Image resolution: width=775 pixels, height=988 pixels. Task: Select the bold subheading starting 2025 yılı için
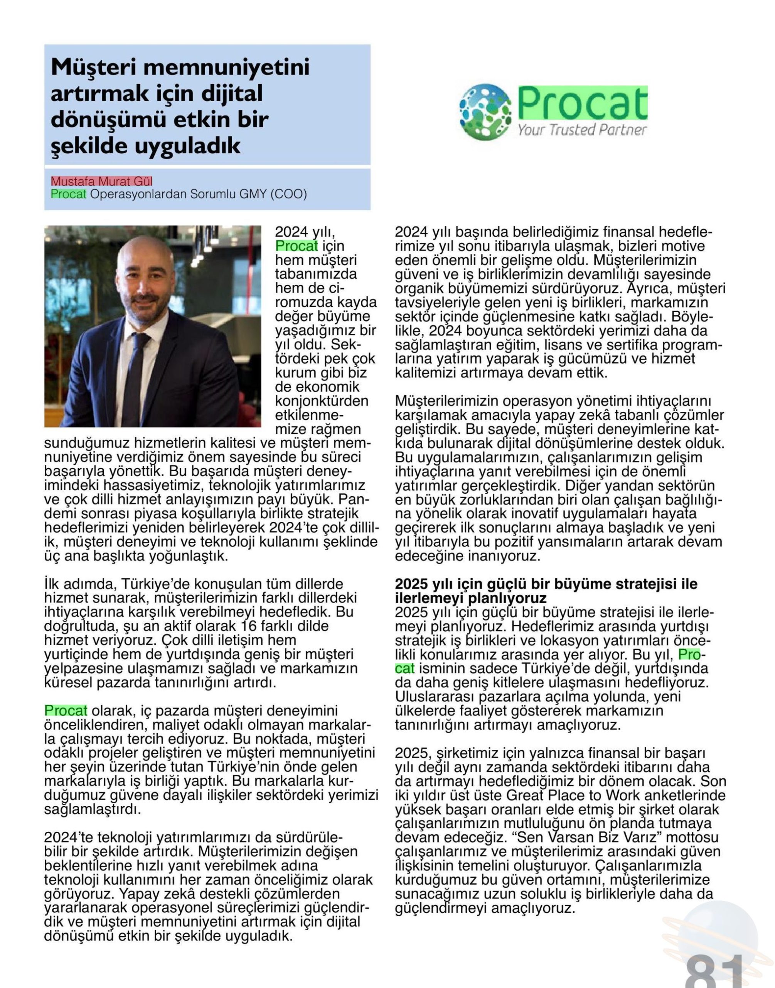tap(546, 590)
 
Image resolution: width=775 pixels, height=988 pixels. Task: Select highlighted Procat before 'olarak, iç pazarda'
tap(66, 710)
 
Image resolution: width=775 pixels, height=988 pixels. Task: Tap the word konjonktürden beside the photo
tap(322, 401)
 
